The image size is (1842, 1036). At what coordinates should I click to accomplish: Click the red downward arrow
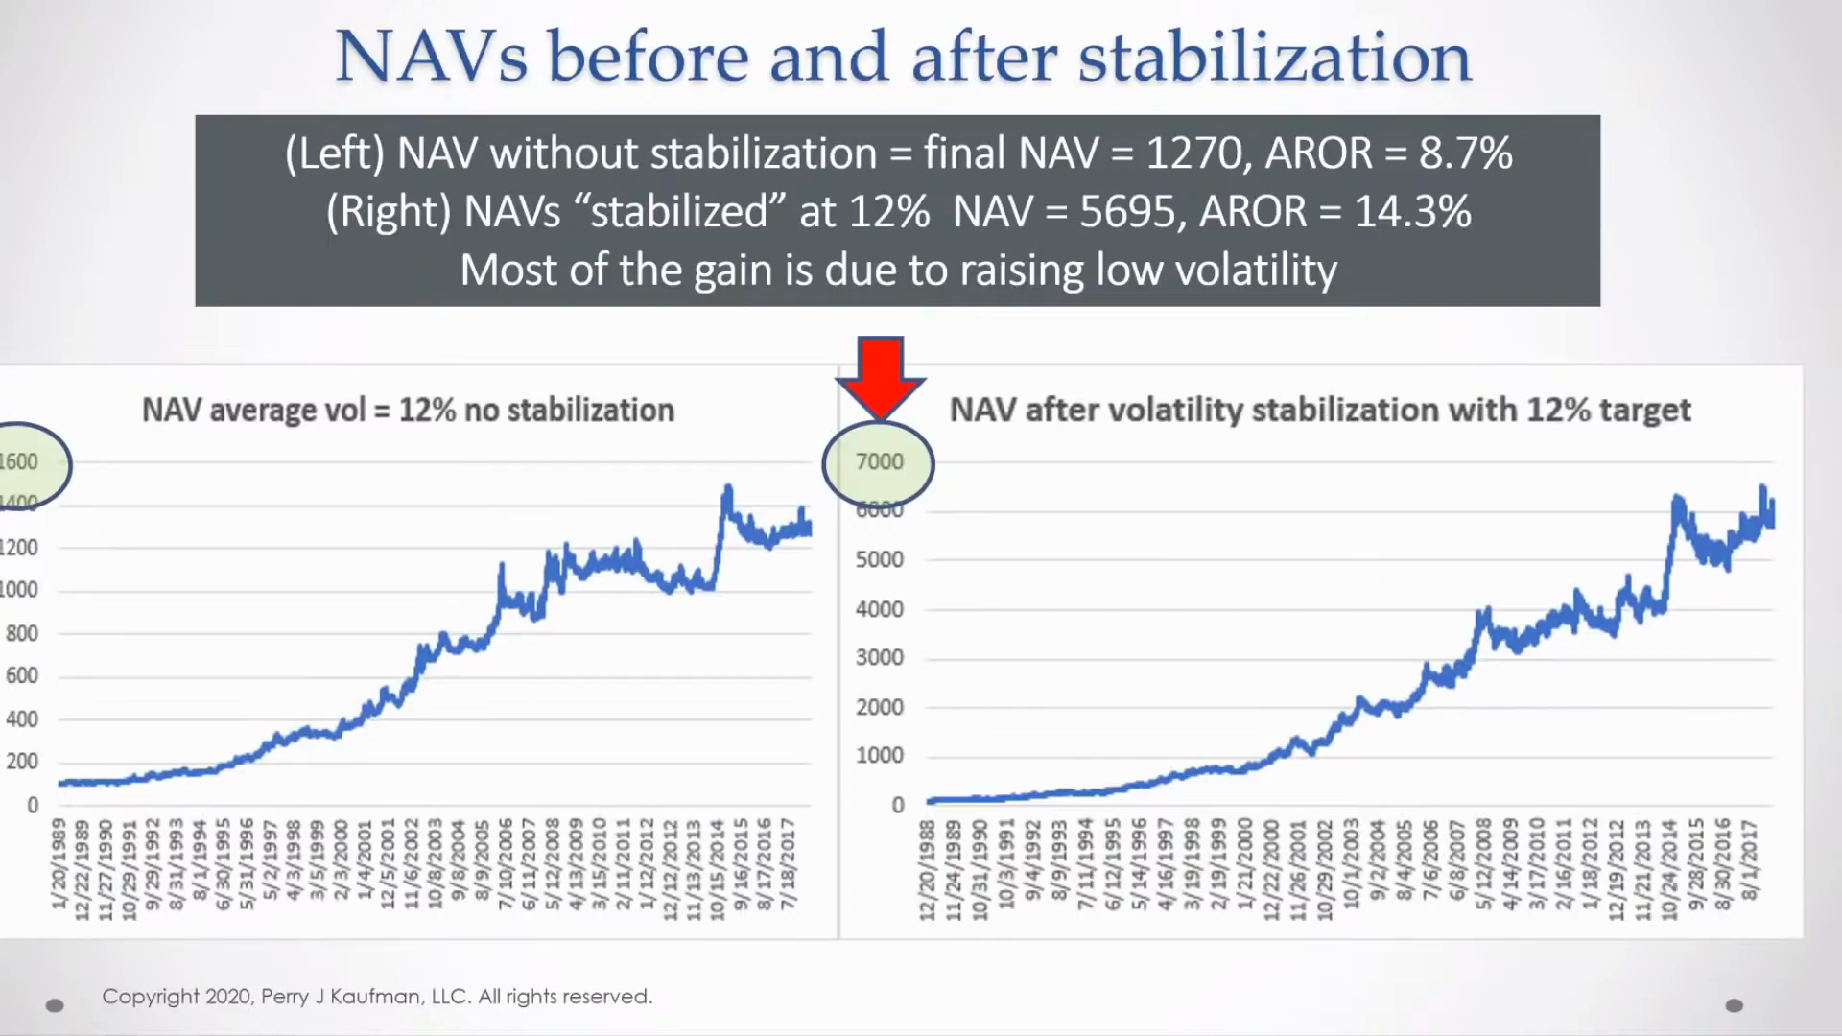pos(881,374)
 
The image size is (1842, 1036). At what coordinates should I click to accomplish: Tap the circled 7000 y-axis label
pos(879,462)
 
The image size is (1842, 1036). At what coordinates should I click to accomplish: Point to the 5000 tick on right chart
pos(879,559)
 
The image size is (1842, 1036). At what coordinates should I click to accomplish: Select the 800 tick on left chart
pos(21,633)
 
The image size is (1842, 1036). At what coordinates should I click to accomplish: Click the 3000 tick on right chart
pos(879,658)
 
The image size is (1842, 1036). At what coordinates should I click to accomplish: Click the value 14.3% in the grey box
pos(1412,212)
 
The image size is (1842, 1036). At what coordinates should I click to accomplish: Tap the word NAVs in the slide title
pos(432,58)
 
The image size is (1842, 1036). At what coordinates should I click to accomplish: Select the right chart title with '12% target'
pos(1319,411)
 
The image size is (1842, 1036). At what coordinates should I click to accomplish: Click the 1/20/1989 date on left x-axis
pos(59,863)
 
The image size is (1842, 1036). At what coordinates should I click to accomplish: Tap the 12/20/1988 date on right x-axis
pos(927,869)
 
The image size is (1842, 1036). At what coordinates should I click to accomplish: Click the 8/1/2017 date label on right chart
pos(1749,859)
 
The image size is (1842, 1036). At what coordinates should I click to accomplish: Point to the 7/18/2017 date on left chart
pos(788,863)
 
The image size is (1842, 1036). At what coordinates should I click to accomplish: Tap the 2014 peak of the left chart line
pos(727,489)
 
